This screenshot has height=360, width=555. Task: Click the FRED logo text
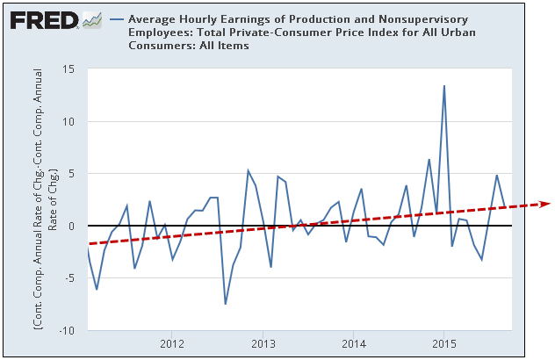[x=41, y=18]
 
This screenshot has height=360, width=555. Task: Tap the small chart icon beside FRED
[x=91, y=18]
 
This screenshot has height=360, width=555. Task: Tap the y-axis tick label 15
[x=69, y=70]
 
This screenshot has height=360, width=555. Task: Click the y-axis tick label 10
[x=69, y=122]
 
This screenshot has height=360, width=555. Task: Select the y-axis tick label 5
[x=73, y=174]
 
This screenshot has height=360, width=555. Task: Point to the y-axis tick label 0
[x=73, y=226]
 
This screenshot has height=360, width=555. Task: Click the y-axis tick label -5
[x=71, y=278]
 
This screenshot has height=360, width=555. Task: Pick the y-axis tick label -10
[x=68, y=330]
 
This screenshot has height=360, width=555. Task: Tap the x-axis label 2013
[x=262, y=342]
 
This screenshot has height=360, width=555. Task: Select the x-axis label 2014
[x=353, y=342]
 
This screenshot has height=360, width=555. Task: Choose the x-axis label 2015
[x=443, y=342]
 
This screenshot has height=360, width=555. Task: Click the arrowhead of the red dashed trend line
[x=544, y=203]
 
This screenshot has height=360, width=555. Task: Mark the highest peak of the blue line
[x=444, y=86]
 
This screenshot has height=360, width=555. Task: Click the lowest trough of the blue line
[x=226, y=304]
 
